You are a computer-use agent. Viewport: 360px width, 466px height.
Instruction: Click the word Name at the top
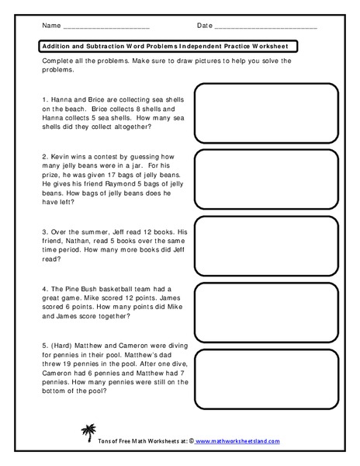tap(50, 26)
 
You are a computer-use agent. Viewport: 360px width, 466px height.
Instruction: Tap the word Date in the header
tap(205, 26)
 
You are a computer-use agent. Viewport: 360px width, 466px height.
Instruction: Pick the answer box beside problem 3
tap(276, 244)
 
